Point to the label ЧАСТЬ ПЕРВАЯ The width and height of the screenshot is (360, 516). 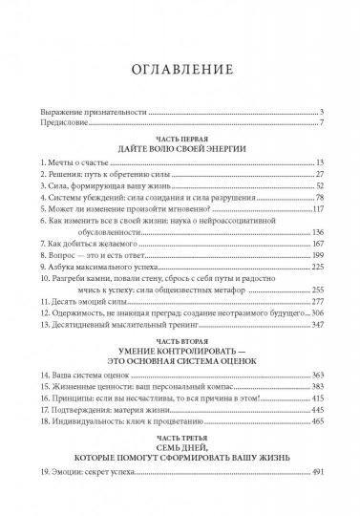point(180,138)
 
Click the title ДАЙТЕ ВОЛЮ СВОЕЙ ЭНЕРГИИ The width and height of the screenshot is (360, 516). point(180,149)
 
